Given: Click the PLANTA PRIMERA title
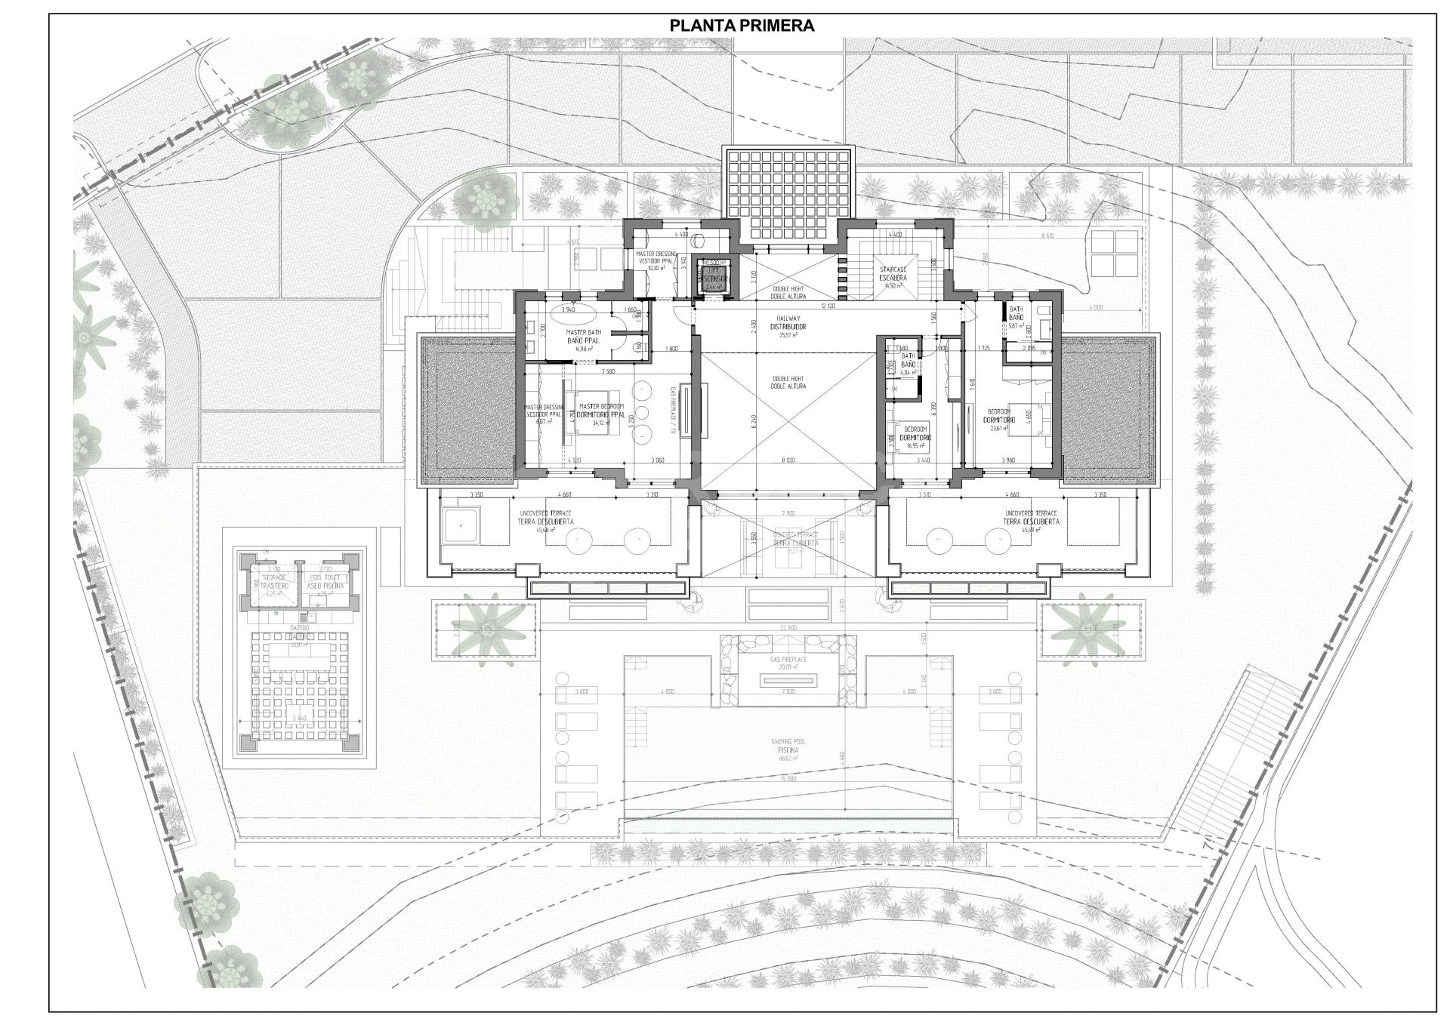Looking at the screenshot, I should [742, 26].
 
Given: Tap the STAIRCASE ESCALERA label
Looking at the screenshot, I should [892, 272].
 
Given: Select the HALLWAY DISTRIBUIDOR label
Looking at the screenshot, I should [788, 323].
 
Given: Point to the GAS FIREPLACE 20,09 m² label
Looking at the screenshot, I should [788, 663].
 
